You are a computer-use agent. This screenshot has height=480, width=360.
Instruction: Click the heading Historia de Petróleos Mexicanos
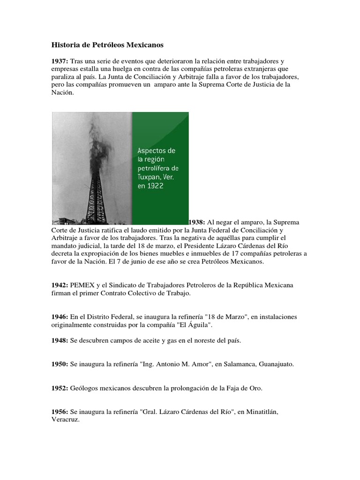(107, 45)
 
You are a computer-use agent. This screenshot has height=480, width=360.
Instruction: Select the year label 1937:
(60, 61)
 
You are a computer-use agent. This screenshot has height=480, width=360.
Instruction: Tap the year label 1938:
(196, 222)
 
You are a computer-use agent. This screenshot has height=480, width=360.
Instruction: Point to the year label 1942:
(60, 285)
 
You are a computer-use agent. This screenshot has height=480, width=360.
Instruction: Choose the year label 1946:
(60, 317)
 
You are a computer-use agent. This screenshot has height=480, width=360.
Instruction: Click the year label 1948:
(60, 340)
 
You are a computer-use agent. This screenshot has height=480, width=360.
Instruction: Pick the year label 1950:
(60, 364)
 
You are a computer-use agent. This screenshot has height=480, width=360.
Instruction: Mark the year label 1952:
(60, 388)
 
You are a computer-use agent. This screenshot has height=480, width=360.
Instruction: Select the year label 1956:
(60, 412)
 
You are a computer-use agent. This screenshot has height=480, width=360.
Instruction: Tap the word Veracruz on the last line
(65, 420)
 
